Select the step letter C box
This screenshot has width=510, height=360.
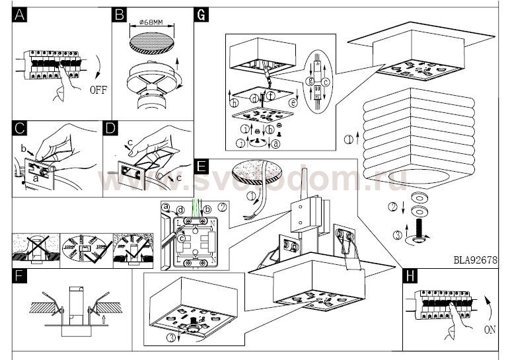(20, 128)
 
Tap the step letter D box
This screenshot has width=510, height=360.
(110, 128)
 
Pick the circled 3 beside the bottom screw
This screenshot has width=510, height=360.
(398, 234)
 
